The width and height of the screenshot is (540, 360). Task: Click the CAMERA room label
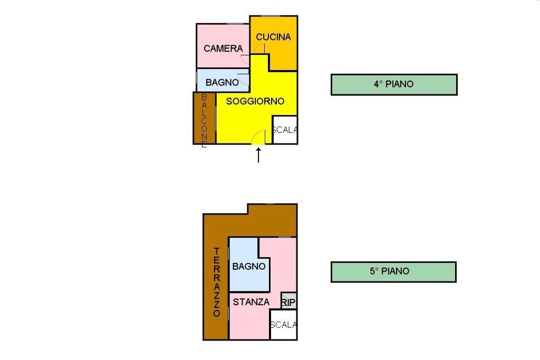coord(223,48)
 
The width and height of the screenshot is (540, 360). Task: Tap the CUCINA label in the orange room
coord(273,37)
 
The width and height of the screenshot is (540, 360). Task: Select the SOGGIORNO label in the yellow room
coord(255,101)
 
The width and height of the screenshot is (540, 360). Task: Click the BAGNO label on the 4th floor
coord(222,82)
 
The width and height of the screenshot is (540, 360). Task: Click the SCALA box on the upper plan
coord(285,130)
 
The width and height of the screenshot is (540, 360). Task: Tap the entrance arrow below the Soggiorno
coord(258,155)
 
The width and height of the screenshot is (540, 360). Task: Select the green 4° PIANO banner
coord(393,84)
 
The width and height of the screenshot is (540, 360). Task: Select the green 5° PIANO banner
coord(393,272)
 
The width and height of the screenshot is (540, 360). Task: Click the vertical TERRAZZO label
coord(216,282)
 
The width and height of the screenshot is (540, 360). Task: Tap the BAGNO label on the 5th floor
coord(248,266)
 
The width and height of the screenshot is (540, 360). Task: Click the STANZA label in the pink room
coord(251,302)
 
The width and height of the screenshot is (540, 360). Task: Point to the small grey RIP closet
coord(288,301)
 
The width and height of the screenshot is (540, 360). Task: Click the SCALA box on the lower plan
coord(283,325)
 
